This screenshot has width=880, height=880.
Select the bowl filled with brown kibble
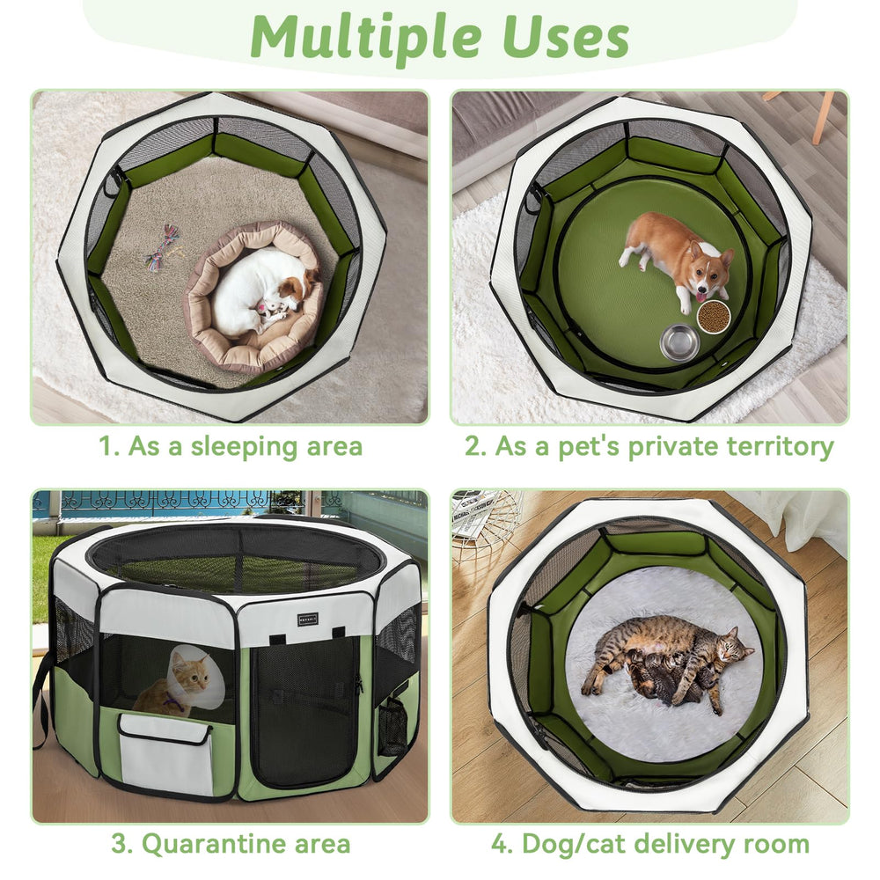click(713, 316)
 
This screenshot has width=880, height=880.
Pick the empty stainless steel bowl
click(679, 341)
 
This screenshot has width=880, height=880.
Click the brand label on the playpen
click(308, 617)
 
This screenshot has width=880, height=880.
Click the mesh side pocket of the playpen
click(393, 726)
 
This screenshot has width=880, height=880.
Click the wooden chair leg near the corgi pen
click(820, 119)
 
